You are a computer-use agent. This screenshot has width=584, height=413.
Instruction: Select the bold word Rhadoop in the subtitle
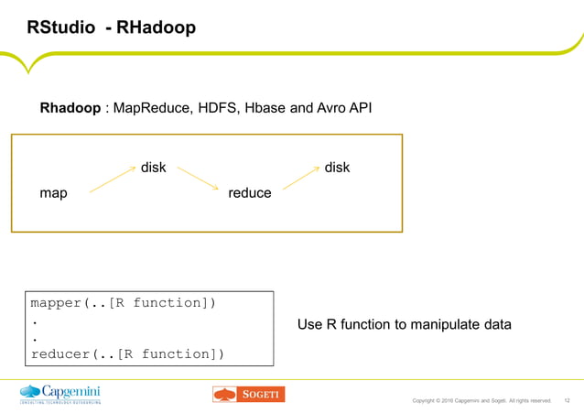pyautogui.click(x=70, y=109)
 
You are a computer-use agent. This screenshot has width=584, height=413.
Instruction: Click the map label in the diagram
pyautogui.click(x=53, y=193)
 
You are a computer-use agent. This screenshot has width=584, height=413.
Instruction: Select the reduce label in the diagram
pyautogui.click(x=250, y=193)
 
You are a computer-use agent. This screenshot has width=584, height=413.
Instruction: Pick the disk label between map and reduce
pyautogui.click(x=153, y=168)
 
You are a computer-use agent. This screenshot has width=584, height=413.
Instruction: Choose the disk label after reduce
pyautogui.click(x=337, y=168)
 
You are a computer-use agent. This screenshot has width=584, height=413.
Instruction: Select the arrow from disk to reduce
pyautogui.click(x=199, y=179)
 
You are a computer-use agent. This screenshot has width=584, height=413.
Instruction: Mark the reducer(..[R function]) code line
pyautogui.click(x=127, y=353)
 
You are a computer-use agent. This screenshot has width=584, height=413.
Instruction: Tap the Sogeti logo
pyautogui.click(x=248, y=394)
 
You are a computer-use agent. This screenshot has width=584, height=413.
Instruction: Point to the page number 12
pyautogui.click(x=567, y=400)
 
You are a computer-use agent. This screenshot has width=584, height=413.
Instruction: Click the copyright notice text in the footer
pyautogui.click(x=481, y=400)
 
